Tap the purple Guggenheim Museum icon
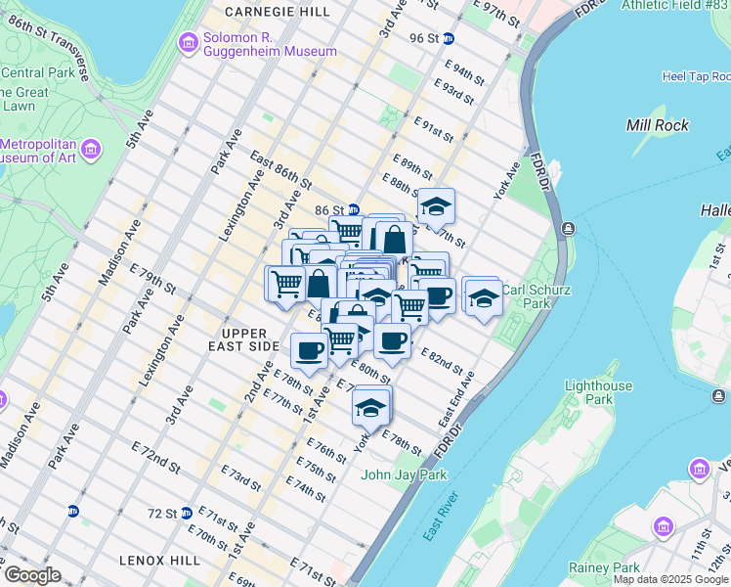tap(187, 43)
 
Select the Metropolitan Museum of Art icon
tap(91, 149)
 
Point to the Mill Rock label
tap(657, 125)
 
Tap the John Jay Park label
tap(404, 475)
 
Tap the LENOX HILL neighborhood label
tap(159, 561)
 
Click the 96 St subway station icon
tap(449, 38)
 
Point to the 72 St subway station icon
tap(72, 511)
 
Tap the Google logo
tap(31, 575)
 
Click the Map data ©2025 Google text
tap(670, 580)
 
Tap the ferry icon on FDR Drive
tap(567, 228)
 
